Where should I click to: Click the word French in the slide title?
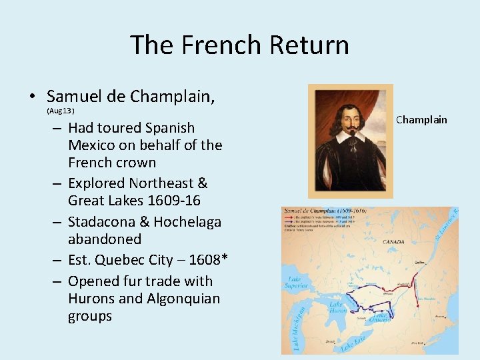pos(221,45)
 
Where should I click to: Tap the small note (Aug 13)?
pos(60,110)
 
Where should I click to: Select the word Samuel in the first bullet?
pos(74,97)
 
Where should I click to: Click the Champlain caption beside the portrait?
pos(421,120)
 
